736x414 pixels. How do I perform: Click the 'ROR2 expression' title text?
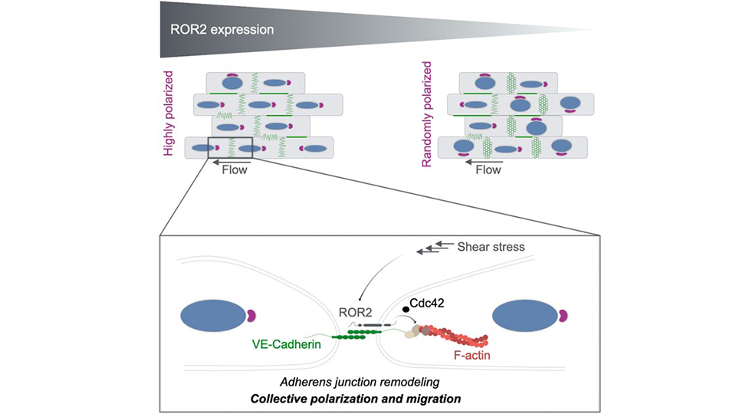pyautogui.click(x=222, y=30)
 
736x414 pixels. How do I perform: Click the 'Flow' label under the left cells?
pyautogui.click(x=235, y=169)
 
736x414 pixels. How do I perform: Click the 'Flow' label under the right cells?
pyautogui.click(x=488, y=169)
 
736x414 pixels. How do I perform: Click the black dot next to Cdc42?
pyautogui.click(x=406, y=308)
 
